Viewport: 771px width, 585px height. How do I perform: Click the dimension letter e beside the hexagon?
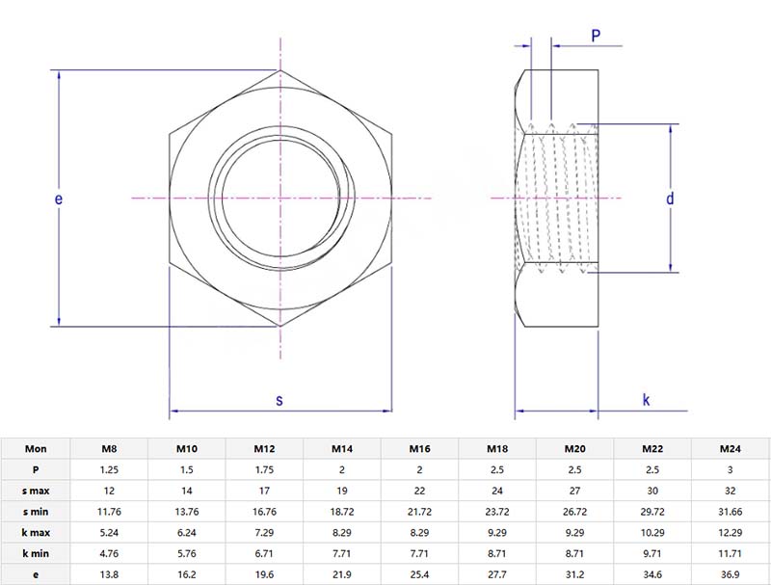click(x=59, y=199)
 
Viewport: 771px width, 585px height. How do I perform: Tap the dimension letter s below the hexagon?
click(x=279, y=400)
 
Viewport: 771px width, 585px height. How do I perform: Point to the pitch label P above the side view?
click(x=596, y=36)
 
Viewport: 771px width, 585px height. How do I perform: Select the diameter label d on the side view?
click(x=669, y=199)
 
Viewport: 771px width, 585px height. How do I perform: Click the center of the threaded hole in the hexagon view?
click(x=279, y=199)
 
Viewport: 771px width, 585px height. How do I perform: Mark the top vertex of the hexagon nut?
click(x=280, y=69)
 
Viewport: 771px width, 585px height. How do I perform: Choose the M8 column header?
click(x=110, y=448)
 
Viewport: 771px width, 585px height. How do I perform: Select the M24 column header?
click(x=731, y=448)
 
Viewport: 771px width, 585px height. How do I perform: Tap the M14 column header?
click(x=342, y=448)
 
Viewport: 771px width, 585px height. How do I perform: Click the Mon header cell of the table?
click(x=36, y=448)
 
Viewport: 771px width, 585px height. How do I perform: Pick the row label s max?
click(x=36, y=492)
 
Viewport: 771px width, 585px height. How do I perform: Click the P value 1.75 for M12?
click(x=265, y=469)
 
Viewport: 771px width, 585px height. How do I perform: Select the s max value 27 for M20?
click(x=575, y=492)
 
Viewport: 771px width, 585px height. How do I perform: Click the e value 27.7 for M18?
click(x=497, y=575)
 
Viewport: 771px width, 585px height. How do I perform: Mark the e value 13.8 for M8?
click(x=110, y=575)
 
